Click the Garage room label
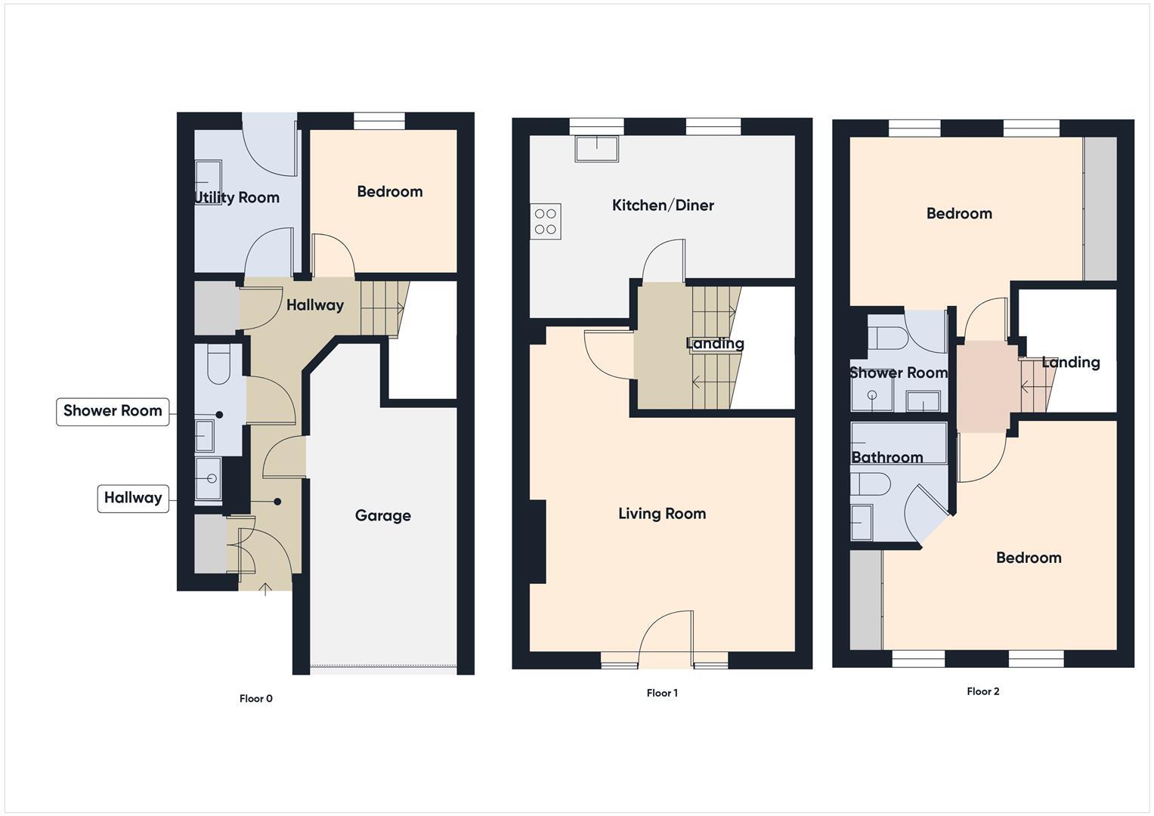(x=382, y=515)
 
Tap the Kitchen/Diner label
(x=663, y=205)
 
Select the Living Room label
(x=662, y=514)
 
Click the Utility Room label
(x=237, y=197)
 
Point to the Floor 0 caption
(x=255, y=698)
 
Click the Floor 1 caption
(x=662, y=693)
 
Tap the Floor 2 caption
(x=982, y=691)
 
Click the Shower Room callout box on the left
(x=113, y=411)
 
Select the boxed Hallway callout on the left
(x=133, y=498)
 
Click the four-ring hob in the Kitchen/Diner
(x=546, y=221)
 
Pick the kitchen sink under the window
(x=596, y=148)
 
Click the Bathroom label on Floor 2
(x=887, y=457)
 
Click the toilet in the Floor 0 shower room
(x=219, y=363)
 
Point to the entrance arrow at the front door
(x=265, y=589)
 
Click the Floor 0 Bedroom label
(x=389, y=191)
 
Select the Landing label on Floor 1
(x=715, y=344)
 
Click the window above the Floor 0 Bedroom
(x=379, y=121)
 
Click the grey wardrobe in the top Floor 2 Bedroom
(x=1100, y=209)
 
